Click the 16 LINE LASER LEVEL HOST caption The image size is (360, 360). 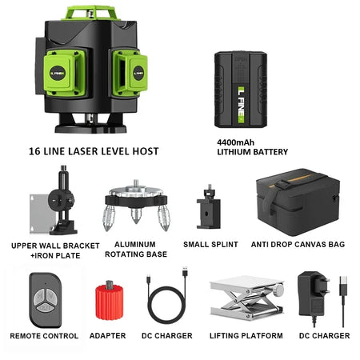pyautogui.click(x=93, y=150)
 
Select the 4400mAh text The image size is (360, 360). pyautogui.click(x=234, y=142)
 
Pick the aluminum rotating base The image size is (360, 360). pyautogui.click(x=135, y=209)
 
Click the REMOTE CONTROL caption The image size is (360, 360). pyautogui.click(x=43, y=336)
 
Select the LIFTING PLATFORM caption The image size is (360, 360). pyautogui.click(x=241, y=336)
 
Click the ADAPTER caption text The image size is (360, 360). pyautogui.click(x=107, y=336)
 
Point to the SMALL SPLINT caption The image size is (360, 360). pyautogui.click(x=210, y=244)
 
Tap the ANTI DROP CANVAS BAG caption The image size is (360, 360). pyautogui.click(x=298, y=244)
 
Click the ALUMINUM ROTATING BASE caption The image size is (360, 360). pyautogui.click(x=135, y=250)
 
